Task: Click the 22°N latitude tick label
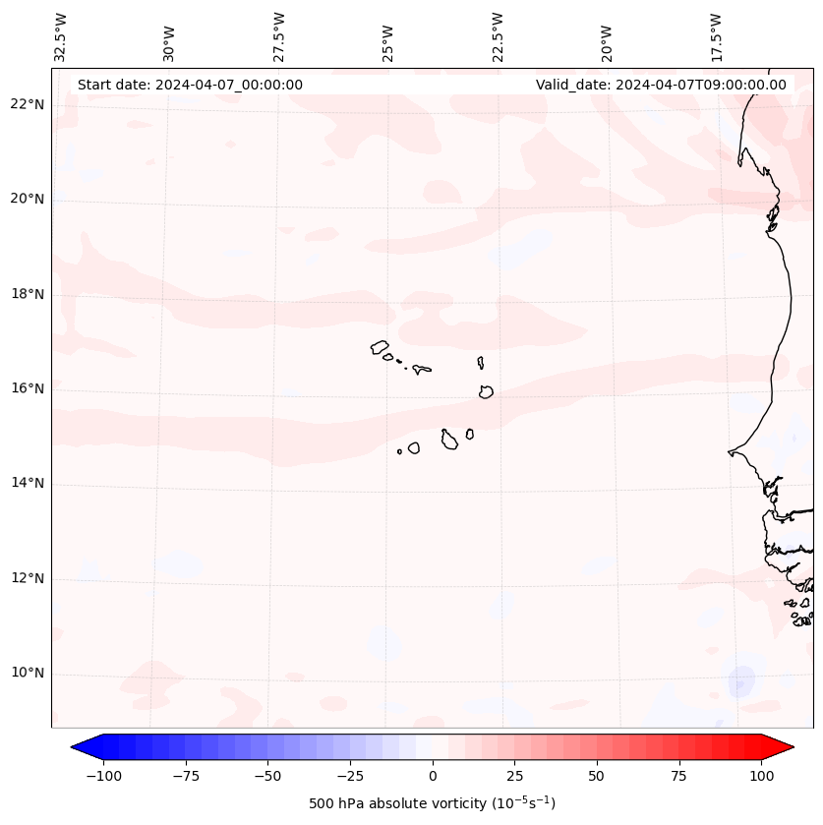pos(28,104)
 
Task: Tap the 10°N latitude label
pos(28,674)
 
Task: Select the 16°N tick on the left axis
pos(28,388)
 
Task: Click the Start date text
pos(190,85)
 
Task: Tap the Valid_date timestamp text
pos(661,85)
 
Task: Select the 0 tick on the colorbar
pos(433,776)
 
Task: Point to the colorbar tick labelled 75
pos(678,776)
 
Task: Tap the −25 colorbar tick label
pos(350,776)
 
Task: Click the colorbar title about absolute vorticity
pos(433,803)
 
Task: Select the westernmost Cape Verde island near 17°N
pos(380,347)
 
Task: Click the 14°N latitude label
pos(28,483)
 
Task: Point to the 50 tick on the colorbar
pos(597,776)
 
